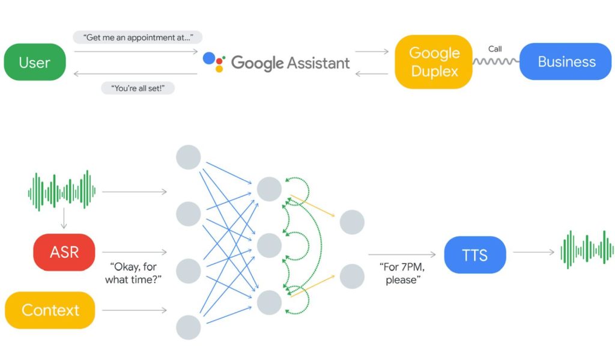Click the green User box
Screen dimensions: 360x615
point(35,62)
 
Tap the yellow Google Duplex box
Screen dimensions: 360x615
point(433,62)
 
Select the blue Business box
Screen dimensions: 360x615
point(565,62)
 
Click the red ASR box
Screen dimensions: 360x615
point(64,252)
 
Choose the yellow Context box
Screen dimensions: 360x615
point(50,310)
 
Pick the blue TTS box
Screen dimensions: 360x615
point(475,255)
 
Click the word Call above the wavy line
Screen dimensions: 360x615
point(495,49)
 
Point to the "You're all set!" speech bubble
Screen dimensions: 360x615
point(138,88)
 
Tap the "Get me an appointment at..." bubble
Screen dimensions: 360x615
point(138,37)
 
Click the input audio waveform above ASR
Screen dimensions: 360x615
point(62,192)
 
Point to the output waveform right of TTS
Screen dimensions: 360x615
point(587,249)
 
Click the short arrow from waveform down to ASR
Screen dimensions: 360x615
point(63,220)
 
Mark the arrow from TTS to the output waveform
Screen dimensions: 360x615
point(533,252)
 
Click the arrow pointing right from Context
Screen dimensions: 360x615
point(134,310)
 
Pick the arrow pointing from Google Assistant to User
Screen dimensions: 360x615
point(135,74)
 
